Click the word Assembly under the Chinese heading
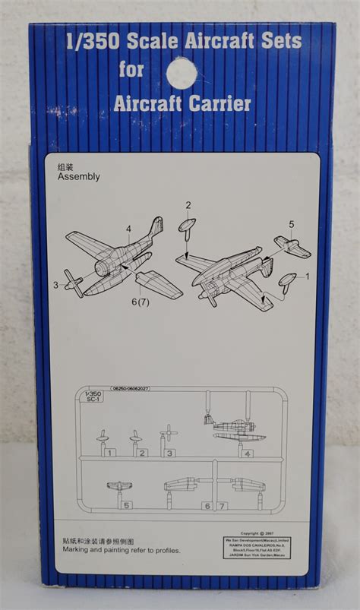pos(78,176)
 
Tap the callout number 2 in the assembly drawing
pos(188,204)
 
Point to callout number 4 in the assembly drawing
pos(129,228)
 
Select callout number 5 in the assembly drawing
pos(291,224)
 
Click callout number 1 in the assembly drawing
pos(308,277)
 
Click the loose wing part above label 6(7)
pos(158,283)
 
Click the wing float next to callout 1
pos(287,282)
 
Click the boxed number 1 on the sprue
pos(110,453)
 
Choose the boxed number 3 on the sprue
pos(170,454)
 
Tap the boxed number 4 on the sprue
pos(249,454)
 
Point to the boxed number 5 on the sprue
pos(127,504)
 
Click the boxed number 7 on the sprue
pos(222,505)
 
